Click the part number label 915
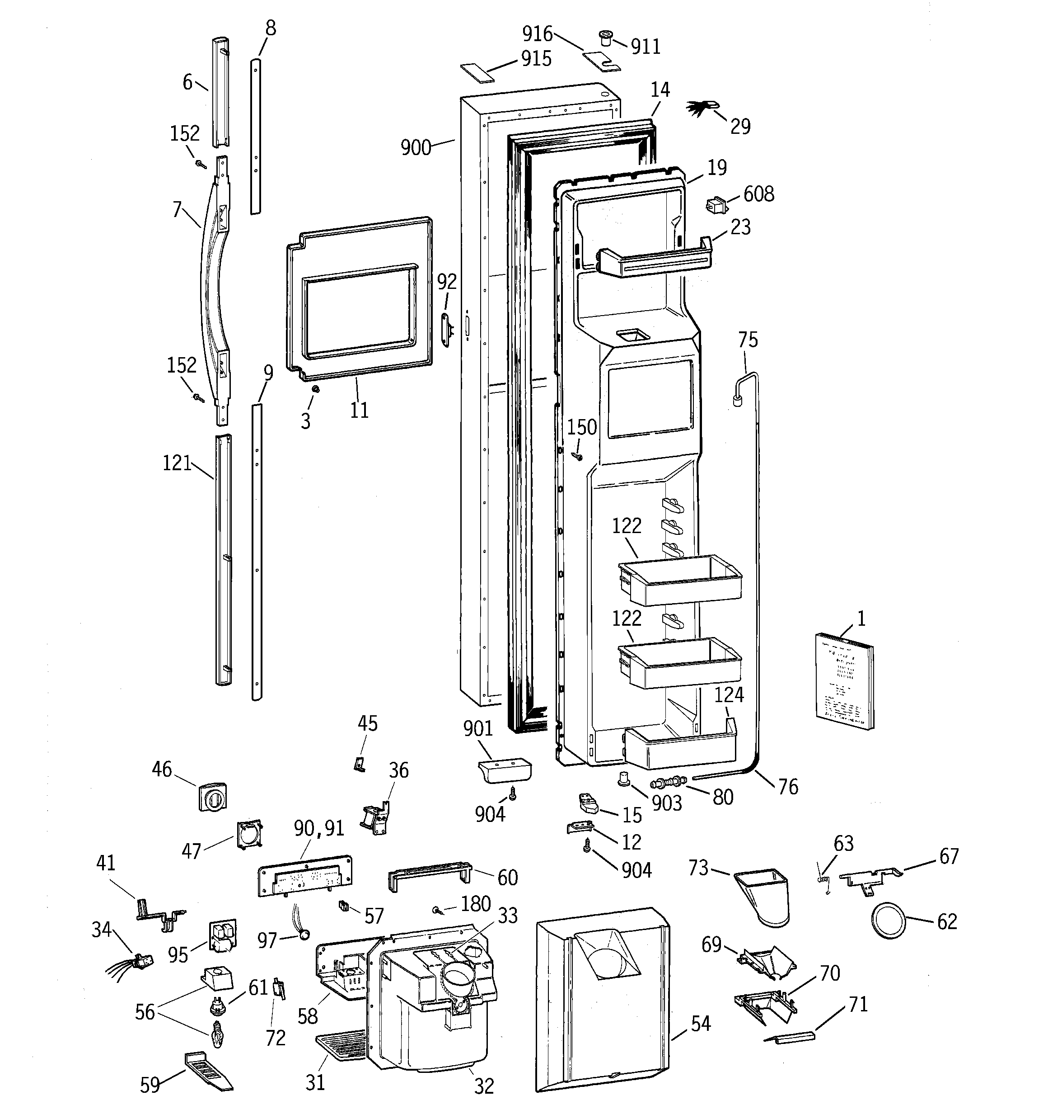[x=536, y=58]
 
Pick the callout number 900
[x=416, y=147]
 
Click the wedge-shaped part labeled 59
[x=208, y=1071]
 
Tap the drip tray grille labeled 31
[x=342, y=1044]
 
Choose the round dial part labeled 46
[x=213, y=797]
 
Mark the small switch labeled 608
[x=715, y=205]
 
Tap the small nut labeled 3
[x=316, y=389]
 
